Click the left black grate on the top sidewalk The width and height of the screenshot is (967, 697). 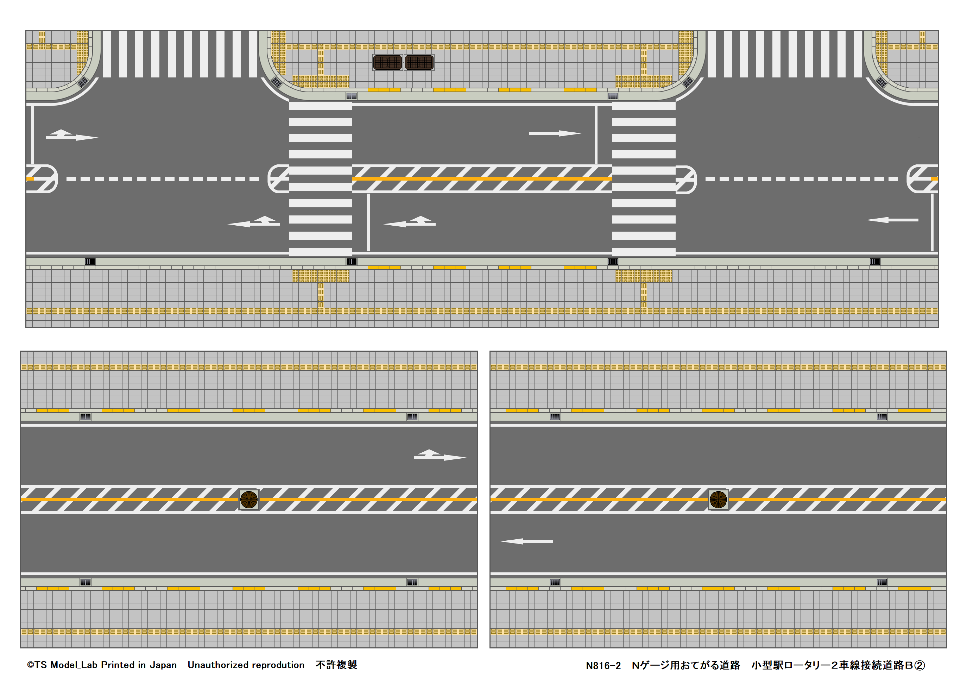click(x=387, y=63)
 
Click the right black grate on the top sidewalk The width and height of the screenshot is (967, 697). click(x=419, y=63)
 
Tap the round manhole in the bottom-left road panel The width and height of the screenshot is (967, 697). click(x=249, y=500)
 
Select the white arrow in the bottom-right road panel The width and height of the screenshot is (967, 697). click(x=527, y=541)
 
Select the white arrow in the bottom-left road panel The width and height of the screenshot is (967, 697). click(x=440, y=456)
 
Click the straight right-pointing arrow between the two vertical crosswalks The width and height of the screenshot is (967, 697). click(x=554, y=133)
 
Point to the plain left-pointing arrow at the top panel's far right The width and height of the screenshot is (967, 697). click(x=892, y=220)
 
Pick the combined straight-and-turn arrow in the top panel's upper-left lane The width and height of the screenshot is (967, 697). click(x=72, y=135)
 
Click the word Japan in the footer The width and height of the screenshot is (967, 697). click(x=163, y=665)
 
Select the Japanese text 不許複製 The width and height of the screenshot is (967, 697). click(x=336, y=665)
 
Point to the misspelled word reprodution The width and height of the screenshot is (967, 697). click(x=278, y=665)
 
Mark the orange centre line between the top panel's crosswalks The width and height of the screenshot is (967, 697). click(x=482, y=179)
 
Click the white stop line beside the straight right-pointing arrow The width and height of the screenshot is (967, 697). click(x=596, y=135)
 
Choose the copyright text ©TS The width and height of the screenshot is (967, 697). click(x=37, y=665)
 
